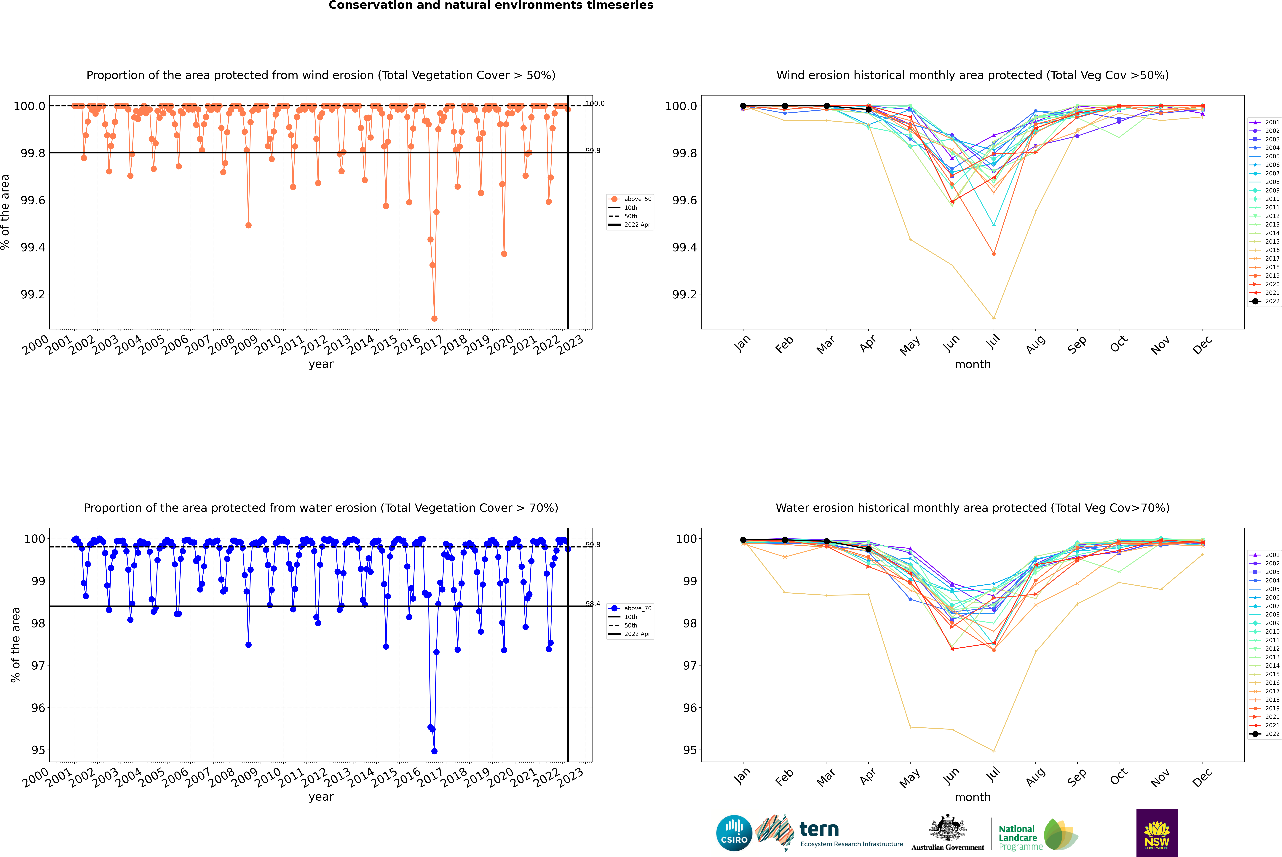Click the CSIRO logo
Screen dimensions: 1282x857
coord(734,833)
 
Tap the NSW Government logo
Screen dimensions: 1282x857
coord(1157,833)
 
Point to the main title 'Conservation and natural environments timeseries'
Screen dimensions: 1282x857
coord(491,5)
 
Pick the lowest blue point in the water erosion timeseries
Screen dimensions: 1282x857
coord(434,751)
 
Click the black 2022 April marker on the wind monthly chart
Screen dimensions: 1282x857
coord(868,109)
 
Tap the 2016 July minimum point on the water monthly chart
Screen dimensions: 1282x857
coord(993,751)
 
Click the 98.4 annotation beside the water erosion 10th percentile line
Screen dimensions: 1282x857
coord(593,604)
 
